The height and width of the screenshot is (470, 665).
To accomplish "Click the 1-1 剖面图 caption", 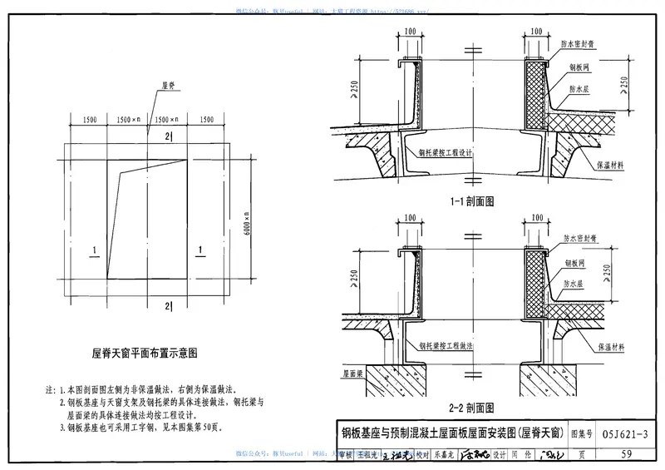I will click(x=471, y=200).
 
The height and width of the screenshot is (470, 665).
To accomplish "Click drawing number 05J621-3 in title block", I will click(x=613, y=433).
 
